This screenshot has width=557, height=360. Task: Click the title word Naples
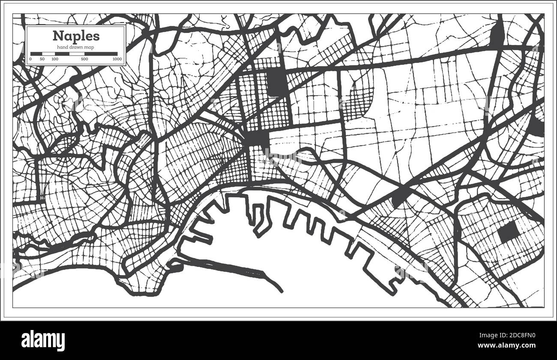(x=76, y=35)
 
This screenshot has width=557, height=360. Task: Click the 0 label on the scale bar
(x=31, y=59)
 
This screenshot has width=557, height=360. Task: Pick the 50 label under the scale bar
(x=42, y=59)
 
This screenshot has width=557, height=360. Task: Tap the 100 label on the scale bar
(x=55, y=59)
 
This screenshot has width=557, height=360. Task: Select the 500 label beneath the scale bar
(x=84, y=59)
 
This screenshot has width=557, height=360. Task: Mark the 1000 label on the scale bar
(x=117, y=59)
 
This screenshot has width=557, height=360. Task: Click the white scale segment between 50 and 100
(x=48, y=54)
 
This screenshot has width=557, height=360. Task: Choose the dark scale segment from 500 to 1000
(x=101, y=54)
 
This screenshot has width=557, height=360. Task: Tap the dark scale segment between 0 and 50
(x=36, y=54)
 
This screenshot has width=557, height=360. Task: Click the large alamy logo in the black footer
(x=43, y=340)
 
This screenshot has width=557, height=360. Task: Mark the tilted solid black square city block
(x=509, y=232)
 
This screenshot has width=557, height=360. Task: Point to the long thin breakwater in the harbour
(x=240, y=270)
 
